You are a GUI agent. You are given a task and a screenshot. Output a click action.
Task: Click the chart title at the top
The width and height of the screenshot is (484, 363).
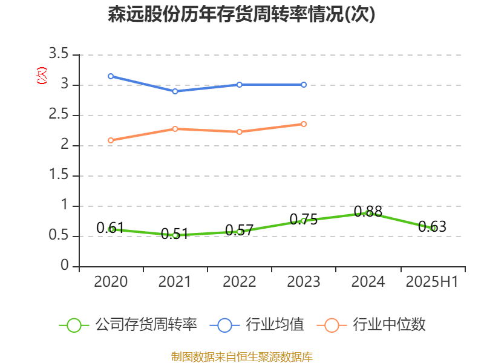(x=242, y=15)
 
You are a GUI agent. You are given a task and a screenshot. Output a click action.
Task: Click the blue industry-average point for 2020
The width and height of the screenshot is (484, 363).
(x=111, y=76)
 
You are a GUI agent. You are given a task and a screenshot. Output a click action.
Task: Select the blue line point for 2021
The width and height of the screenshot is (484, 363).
(x=175, y=91)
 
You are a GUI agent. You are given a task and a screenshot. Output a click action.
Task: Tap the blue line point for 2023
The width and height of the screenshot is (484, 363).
(x=304, y=85)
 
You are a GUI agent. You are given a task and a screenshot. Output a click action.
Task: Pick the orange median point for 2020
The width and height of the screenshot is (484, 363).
(x=111, y=140)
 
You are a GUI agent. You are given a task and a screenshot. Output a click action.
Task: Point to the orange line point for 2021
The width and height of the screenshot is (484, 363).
(x=175, y=129)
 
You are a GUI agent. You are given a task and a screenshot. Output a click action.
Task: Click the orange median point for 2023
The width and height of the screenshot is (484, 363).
(x=304, y=124)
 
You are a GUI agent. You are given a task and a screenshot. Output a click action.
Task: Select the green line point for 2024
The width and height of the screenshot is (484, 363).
(x=368, y=213)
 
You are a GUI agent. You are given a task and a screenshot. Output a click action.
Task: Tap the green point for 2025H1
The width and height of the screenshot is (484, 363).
(x=433, y=228)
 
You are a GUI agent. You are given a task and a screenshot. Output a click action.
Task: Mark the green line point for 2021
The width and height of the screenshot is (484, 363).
(x=175, y=235)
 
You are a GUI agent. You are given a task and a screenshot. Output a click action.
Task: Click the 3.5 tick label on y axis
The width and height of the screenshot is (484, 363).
(x=59, y=54)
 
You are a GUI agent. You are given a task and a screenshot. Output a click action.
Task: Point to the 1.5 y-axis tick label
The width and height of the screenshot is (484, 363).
(x=59, y=175)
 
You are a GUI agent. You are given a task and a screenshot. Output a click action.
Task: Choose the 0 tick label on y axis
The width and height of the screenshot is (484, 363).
(x=65, y=266)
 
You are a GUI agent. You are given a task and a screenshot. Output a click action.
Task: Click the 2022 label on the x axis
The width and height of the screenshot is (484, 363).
(x=240, y=282)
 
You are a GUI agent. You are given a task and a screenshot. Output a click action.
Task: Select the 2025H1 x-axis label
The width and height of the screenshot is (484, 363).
(x=432, y=282)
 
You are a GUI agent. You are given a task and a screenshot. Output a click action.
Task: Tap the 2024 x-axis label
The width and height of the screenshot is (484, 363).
(x=368, y=282)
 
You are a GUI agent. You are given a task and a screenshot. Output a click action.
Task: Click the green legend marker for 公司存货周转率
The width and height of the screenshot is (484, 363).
(x=74, y=325)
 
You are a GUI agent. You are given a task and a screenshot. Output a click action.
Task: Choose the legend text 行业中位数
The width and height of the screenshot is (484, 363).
(x=389, y=325)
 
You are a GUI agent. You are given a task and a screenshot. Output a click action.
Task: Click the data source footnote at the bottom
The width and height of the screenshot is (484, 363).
(x=242, y=356)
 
